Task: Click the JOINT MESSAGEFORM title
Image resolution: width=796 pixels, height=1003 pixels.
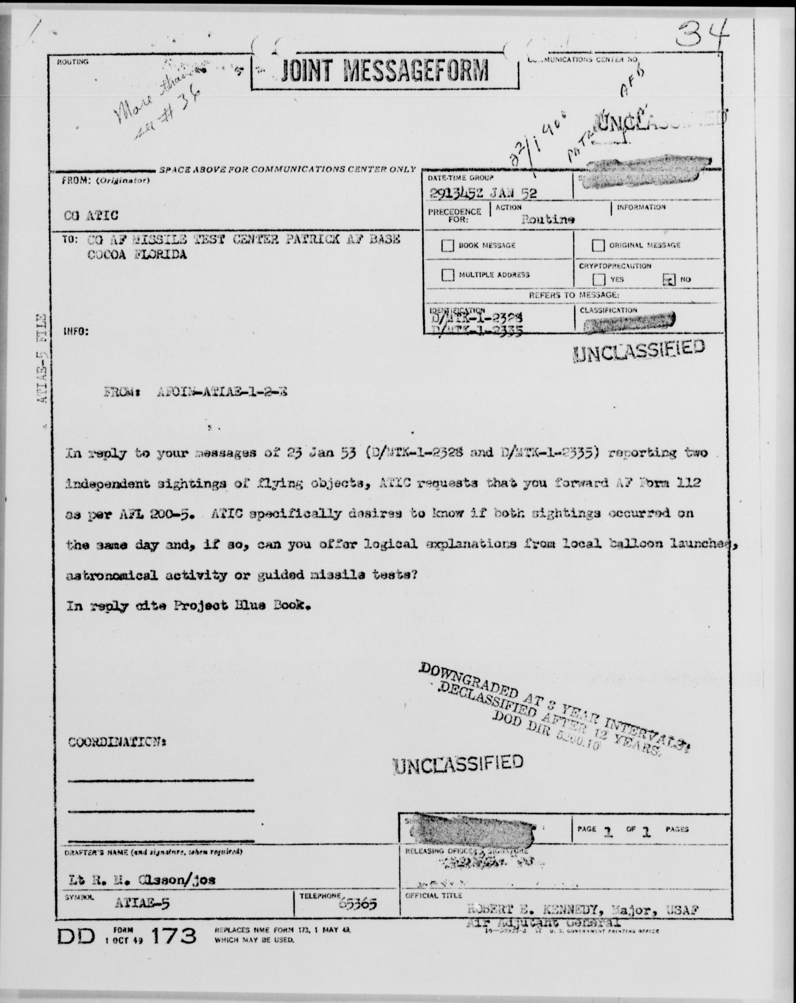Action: click(385, 71)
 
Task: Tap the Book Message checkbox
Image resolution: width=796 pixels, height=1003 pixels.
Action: click(448, 246)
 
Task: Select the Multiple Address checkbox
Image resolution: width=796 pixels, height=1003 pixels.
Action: click(448, 275)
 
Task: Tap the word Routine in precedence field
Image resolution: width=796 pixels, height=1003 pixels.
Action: click(548, 219)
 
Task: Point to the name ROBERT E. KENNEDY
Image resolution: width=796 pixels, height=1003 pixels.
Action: click(530, 909)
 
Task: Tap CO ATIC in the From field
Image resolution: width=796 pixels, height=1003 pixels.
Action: click(91, 215)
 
